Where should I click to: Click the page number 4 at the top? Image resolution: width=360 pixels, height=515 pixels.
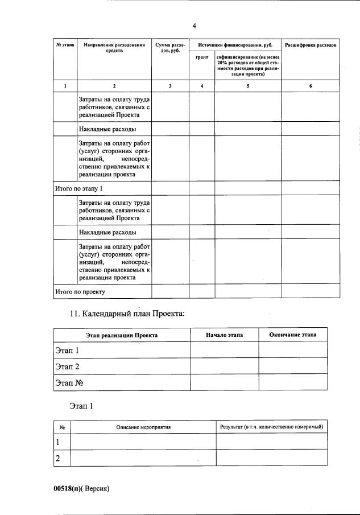coord(194,26)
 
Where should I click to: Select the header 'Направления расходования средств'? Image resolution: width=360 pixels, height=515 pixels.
coord(114,47)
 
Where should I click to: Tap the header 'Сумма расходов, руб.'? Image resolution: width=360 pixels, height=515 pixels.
coord(171,47)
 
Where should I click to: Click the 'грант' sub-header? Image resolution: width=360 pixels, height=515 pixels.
coord(202,57)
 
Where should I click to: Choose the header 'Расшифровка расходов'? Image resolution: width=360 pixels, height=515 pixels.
coord(311,44)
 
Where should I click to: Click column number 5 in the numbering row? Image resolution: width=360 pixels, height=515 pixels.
coord(248,85)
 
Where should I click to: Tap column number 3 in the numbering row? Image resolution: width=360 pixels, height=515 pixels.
coord(171,85)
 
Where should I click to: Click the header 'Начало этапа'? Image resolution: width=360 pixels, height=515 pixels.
coord(224,335)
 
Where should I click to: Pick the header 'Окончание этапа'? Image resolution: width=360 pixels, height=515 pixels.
coord(293,335)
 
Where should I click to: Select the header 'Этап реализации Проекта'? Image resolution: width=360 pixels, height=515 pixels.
coord(122,336)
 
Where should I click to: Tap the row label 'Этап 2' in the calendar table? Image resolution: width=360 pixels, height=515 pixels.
coord(67,366)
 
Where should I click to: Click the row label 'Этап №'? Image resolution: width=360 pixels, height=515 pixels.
coord(69,382)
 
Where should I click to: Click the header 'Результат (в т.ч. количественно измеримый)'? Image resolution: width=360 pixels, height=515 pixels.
coord(271,426)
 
